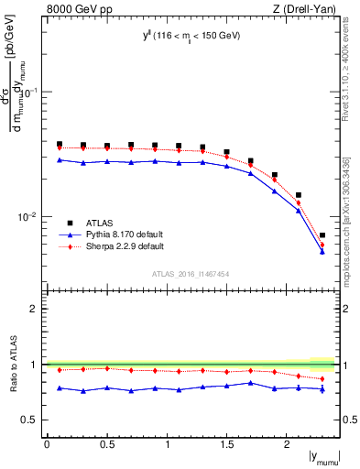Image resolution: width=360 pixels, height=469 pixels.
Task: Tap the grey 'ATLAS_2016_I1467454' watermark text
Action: point(191,274)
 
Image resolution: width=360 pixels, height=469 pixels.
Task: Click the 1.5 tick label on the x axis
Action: point(227,444)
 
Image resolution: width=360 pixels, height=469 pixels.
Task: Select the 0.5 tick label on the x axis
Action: point(107,444)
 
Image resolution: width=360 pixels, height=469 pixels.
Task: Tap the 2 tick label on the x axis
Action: point(287,444)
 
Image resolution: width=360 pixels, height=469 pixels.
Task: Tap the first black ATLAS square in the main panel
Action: point(60,144)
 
